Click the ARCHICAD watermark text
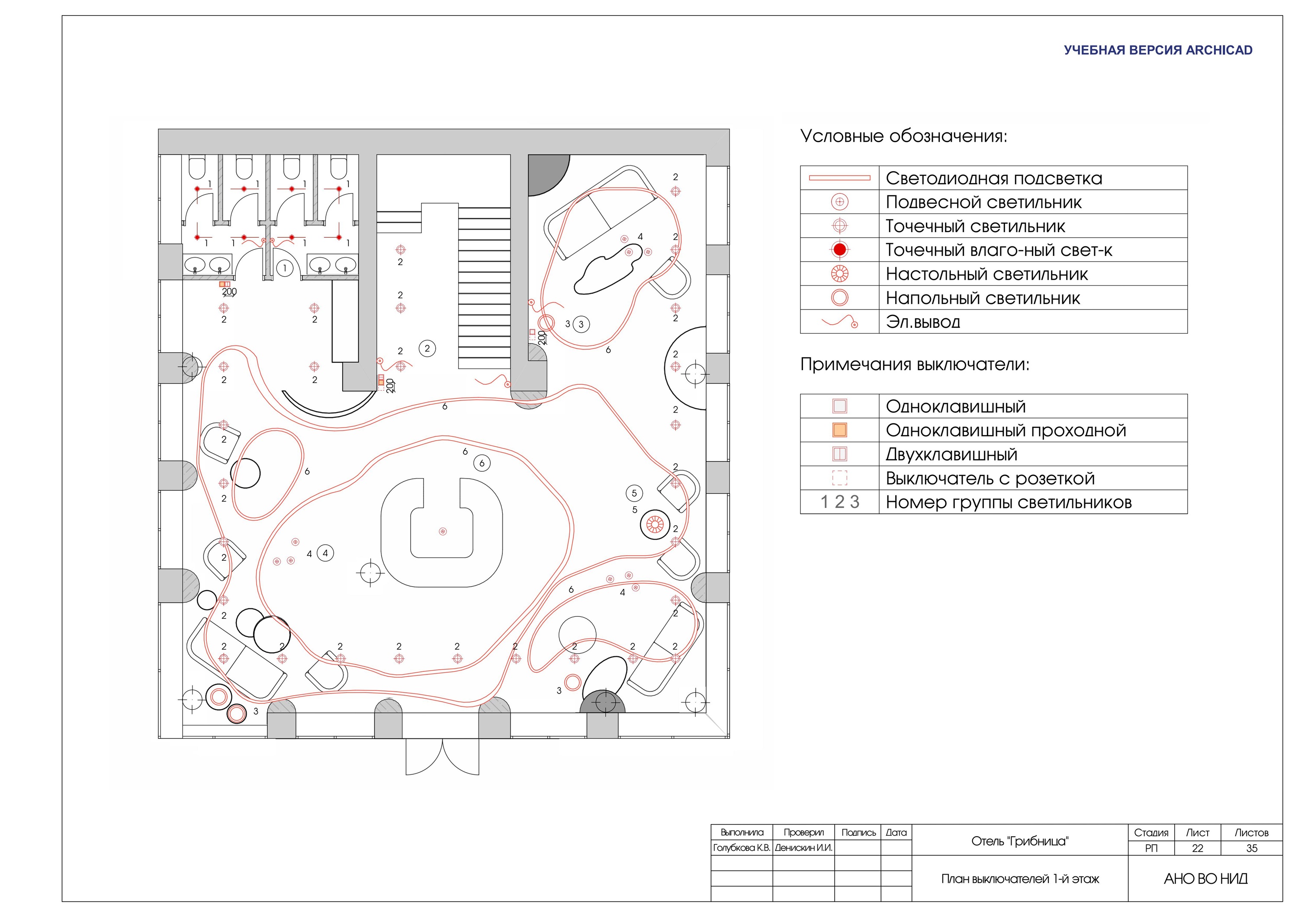[1158, 50]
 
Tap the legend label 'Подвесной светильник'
[984, 202]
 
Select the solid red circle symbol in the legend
[840, 249]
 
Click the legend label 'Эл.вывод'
[922, 322]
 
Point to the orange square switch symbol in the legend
[840, 430]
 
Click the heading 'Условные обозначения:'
[903, 136]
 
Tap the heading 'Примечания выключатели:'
[915, 364]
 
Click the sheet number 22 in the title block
[1197, 848]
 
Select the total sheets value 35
[1252, 848]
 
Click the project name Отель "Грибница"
[1020, 841]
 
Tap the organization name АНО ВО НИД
[1206, 879]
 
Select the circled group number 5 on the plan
[634, 493]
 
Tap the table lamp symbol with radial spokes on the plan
[655, 525]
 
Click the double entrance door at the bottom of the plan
[443, 756]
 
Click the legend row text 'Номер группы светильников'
[1009, 502]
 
